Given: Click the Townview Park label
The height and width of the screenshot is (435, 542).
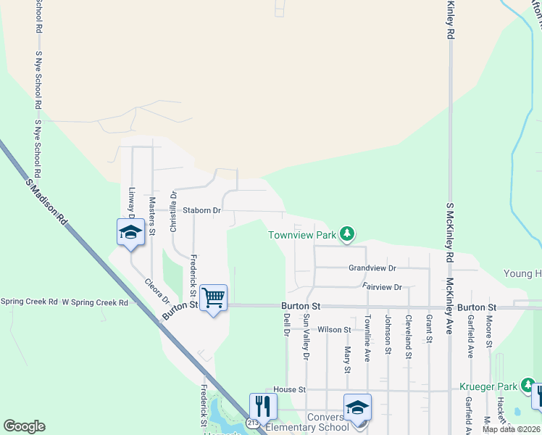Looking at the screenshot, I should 302,235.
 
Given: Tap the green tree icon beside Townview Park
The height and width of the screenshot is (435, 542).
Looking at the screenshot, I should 349,233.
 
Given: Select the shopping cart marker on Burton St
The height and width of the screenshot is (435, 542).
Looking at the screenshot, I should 214,297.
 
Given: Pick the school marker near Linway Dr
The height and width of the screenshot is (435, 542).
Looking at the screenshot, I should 130,232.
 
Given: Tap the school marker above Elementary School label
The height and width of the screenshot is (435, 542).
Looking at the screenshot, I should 357,407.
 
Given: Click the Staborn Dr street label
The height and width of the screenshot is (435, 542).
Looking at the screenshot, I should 201,210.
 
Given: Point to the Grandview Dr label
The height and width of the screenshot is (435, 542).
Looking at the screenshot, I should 372,268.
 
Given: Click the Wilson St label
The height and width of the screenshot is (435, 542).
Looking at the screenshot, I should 334,330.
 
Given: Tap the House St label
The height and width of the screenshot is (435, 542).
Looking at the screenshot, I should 285,390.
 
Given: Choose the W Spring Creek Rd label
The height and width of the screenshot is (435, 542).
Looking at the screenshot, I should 95,302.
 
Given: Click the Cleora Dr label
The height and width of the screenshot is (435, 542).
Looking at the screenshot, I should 157,291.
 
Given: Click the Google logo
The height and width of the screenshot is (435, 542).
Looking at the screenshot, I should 24,426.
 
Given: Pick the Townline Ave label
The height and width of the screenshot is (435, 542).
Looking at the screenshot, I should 367,338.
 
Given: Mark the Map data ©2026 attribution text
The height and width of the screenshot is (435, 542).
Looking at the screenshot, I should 511,429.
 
